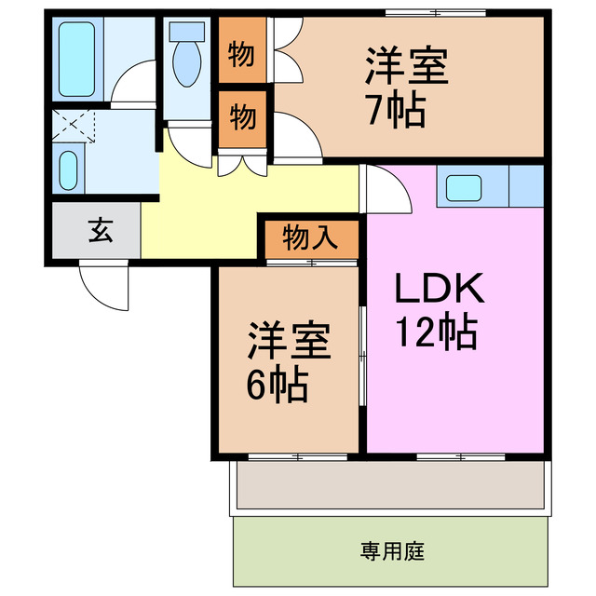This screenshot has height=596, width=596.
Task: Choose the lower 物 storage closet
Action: click(x=242, y=118)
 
